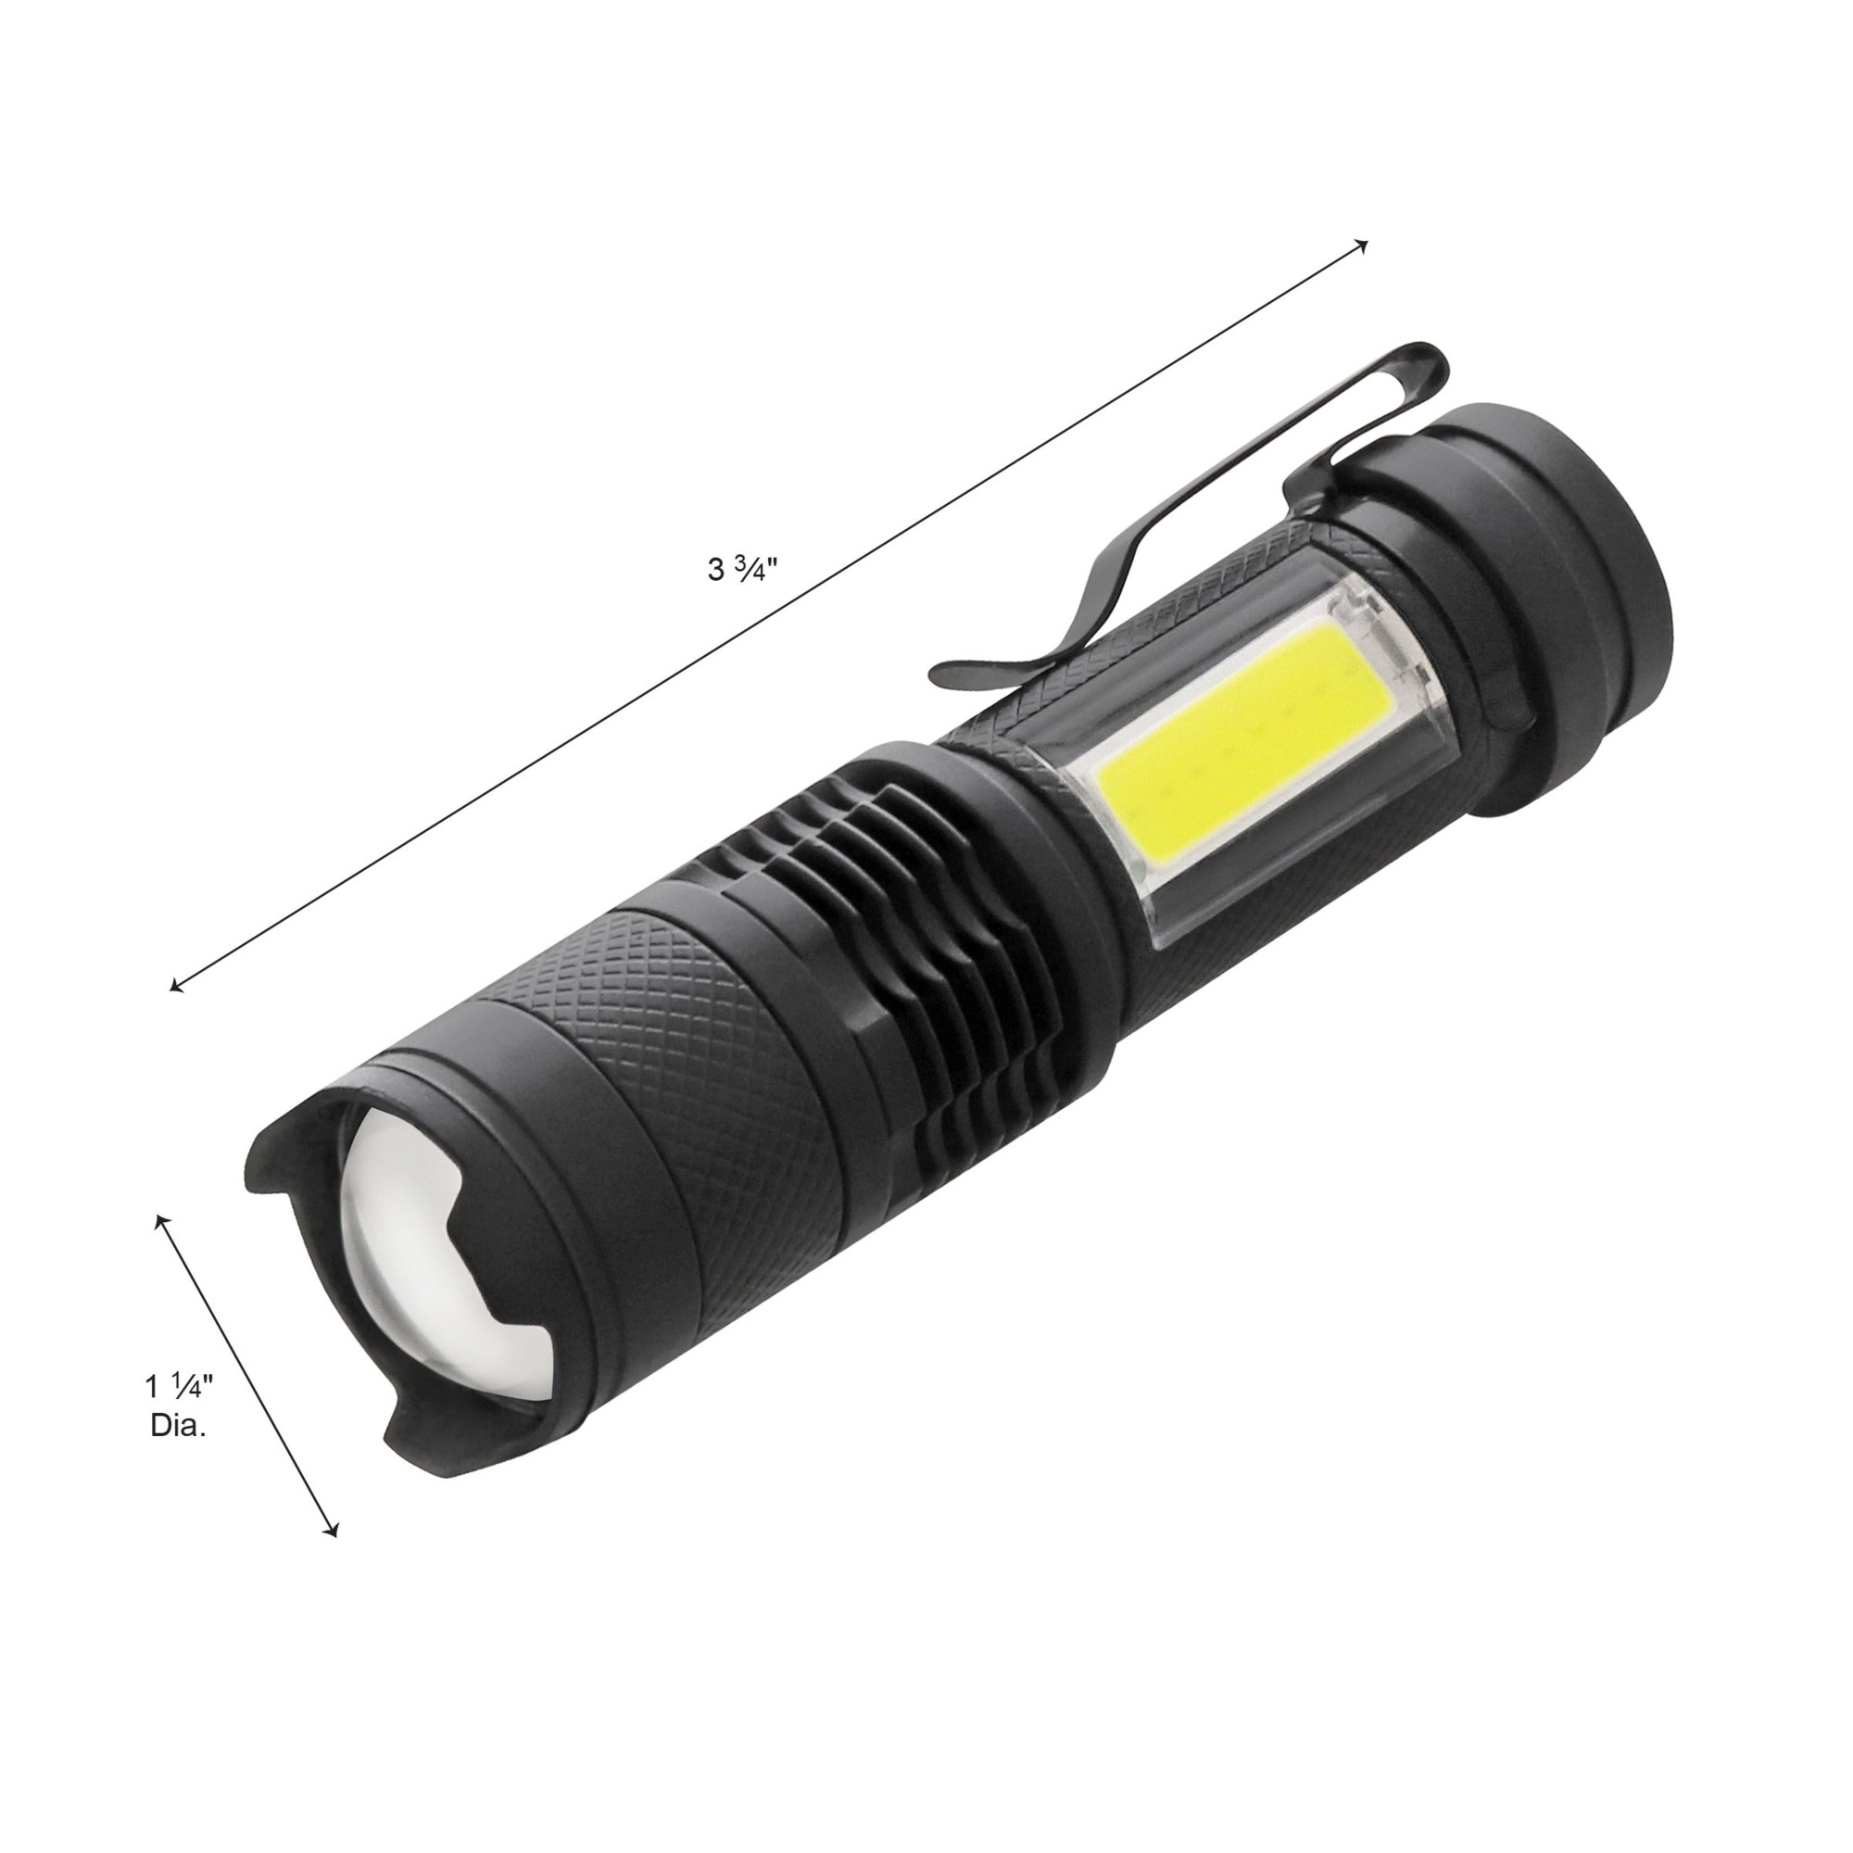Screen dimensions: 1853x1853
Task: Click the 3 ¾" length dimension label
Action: pyautogui.click(x=739, y=569)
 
